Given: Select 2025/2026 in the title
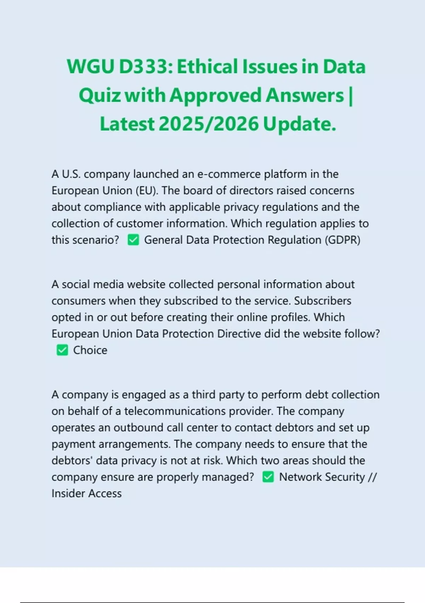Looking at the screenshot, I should (x=209, y=124).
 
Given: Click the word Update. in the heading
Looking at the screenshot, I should (x=299, y=124).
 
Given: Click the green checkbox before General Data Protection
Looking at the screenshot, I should (x=133, y=240).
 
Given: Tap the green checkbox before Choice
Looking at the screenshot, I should (x=62, y=350).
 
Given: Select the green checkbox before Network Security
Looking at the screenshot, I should (x=268, y=477).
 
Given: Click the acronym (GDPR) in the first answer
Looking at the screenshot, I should (x=342, y=240).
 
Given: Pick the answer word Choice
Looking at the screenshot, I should (x=90, y=350).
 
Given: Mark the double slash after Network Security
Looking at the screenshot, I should (x=372, y=477).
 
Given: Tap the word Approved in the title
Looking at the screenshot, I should (x=216, y=95).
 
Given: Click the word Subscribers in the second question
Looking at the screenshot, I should (x=323, y=301).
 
